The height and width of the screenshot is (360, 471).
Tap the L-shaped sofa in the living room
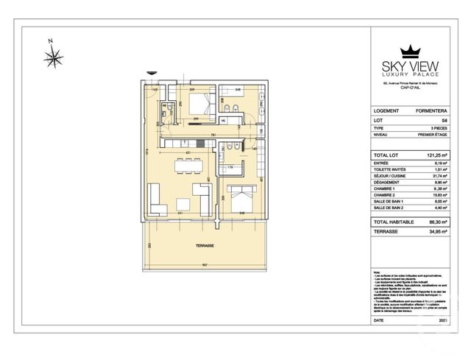click(155, 198)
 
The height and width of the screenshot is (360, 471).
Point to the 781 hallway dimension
click(212, 135)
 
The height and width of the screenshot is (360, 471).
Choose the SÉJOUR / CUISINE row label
click(390, 175)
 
